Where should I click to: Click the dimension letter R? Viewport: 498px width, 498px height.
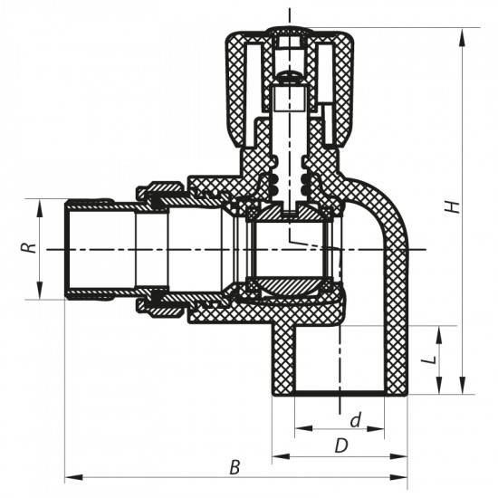point(30,246)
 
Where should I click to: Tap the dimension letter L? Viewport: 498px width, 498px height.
point(432,358)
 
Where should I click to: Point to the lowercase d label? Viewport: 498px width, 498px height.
point(356,419)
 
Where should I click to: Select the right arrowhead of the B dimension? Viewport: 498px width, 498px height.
point(403,476)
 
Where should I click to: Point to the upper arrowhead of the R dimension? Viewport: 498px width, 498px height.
point(41,205)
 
